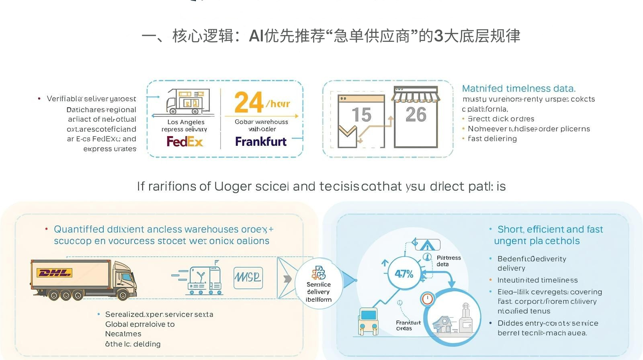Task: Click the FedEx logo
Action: [x=185, y=141]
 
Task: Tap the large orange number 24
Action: [x=249, y=102]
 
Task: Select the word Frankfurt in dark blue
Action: [x=261, y=141]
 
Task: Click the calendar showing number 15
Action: [x=361, y=121]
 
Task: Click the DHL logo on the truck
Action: [x=54, y=273]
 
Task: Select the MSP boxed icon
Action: [x=248, y=278]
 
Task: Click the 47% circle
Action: [x=403, y=274]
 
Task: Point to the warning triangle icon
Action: [x=427, y=245]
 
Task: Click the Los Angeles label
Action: [x=186, y=122]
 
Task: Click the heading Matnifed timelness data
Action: [x=518, y=88]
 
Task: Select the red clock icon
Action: [x=427, y=299]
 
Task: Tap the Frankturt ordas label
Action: [x=408, y=325]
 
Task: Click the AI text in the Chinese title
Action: [x=256, y=36]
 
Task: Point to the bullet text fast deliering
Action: [x=492, y=139]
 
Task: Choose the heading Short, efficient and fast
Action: [x=550, y=229]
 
